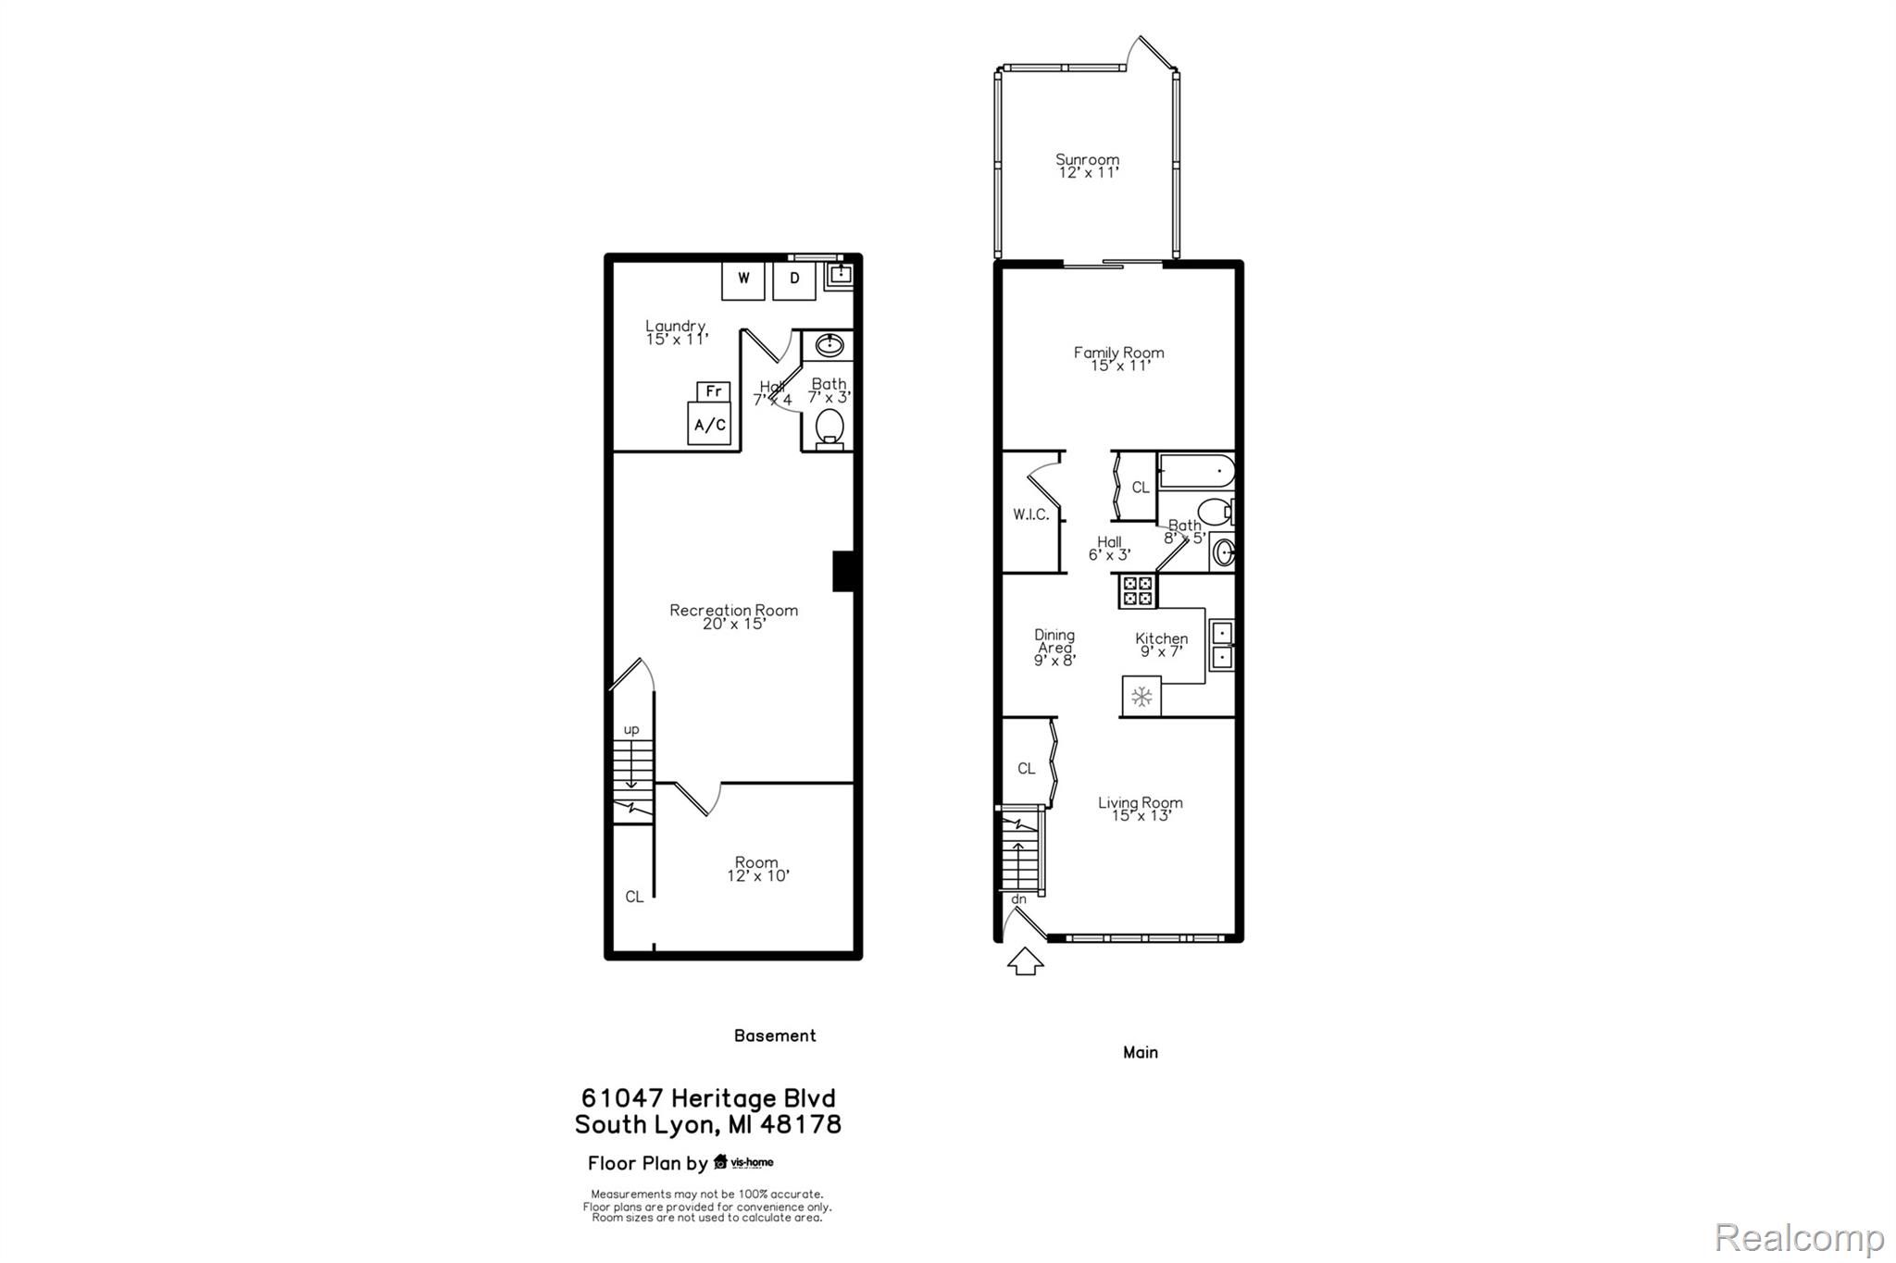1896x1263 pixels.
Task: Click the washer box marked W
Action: coord(743,279)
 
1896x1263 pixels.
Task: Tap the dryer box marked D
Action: coord(794,279)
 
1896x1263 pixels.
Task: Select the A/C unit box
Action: coord(710,425)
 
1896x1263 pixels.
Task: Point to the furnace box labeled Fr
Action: coord(714,391)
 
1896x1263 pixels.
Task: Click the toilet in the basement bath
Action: coord(829,429)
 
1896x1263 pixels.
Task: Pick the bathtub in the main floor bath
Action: coord(1196,471)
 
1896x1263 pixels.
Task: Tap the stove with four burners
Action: coord(1138,590)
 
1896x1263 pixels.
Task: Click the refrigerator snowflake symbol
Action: coord(1142,696)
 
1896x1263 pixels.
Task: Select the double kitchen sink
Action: coord(1222,645)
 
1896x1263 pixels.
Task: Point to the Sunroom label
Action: coord(1088,160)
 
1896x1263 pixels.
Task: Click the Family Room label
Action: coord(1119,353)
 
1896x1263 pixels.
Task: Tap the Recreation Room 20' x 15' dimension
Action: coord(734,624)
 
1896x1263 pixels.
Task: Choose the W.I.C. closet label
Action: coord(1030,514)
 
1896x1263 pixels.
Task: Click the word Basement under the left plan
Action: coord(775,1035)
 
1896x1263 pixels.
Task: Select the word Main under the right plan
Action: coord(1141,1052)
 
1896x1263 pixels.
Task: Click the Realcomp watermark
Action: coord(1800,1237)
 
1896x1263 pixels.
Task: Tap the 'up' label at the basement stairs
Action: coord(631,730)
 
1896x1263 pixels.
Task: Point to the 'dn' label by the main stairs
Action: coord(1018,899)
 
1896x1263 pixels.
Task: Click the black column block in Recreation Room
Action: coord(843,571)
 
